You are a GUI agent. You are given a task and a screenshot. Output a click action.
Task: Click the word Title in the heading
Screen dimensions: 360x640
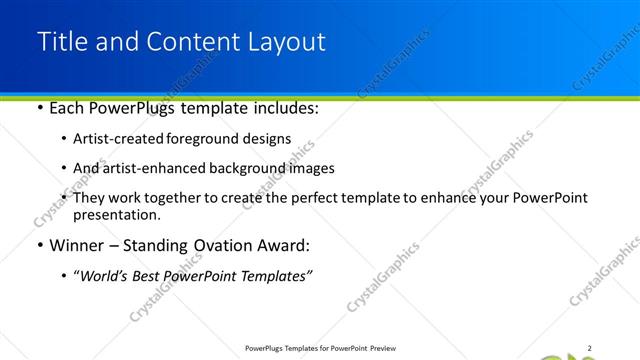click(x=60, y=42)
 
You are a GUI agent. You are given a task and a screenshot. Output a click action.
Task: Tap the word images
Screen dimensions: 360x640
click(x=311, y=168)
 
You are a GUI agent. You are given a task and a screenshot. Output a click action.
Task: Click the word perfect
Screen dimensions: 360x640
click(x=314, y=198)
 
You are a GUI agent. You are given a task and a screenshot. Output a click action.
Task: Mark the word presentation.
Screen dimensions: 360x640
click(x=116, y=214)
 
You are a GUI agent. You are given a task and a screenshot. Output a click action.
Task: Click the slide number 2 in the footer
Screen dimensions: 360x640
click(x=590, y=348)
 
